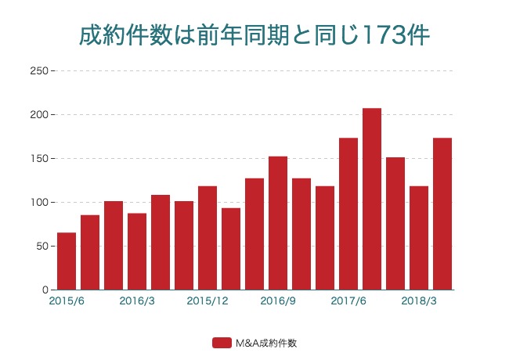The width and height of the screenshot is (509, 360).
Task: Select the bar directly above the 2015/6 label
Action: (x=67, y=261)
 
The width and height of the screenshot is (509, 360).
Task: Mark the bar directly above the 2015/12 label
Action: (x=208, y=238)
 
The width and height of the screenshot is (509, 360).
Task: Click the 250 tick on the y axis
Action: (x=38, y=70)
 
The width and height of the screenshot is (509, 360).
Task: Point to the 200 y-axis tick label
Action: (x=38, y=114)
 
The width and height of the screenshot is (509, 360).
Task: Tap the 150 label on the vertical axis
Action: (x=38, y=158)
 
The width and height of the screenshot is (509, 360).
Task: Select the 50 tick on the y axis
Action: (x=41, y=246)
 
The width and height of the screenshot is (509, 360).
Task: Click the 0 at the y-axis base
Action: (x=45, y=290)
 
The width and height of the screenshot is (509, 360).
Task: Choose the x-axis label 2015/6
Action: (x=67, y=301)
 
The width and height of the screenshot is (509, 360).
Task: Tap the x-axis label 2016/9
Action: (x=278, y=301)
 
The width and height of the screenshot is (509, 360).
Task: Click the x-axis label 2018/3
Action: (x=419, y=301)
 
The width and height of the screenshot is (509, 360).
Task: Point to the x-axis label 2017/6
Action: (x=348, y=301)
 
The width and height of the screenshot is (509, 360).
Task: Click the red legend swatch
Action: (x=222, y=343)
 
